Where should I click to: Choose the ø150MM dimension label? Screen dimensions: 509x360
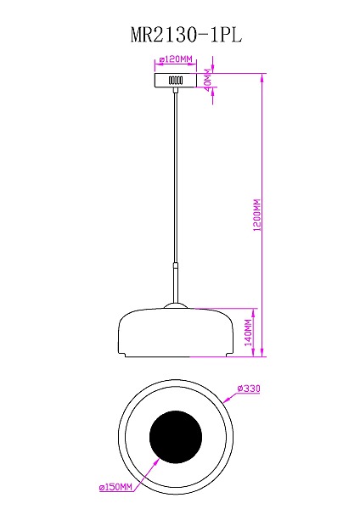coord(116,488)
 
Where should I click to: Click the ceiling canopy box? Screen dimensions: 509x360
coord(177,80)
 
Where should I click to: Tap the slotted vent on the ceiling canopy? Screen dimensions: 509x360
coord(177,80)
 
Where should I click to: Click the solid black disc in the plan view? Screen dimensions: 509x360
coord(176,439)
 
